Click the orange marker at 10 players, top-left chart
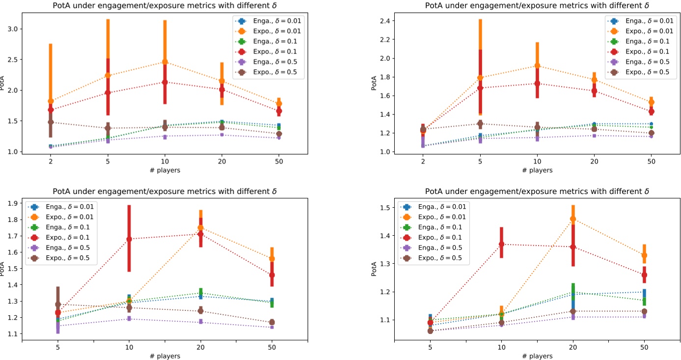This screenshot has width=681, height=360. [165, 62]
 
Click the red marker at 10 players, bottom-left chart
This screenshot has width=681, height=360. [129, 239]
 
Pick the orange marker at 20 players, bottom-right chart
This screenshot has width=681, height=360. [572, 219]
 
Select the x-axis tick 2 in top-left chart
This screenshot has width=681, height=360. [51, 161]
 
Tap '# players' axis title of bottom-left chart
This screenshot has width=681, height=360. [164, 356]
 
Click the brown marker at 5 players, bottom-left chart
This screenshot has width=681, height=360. [58, 305]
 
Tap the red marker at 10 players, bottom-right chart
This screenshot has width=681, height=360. [501, 244]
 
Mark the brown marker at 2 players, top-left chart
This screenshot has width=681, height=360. [51, 122]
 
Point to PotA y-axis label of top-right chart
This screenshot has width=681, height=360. [375, 83]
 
